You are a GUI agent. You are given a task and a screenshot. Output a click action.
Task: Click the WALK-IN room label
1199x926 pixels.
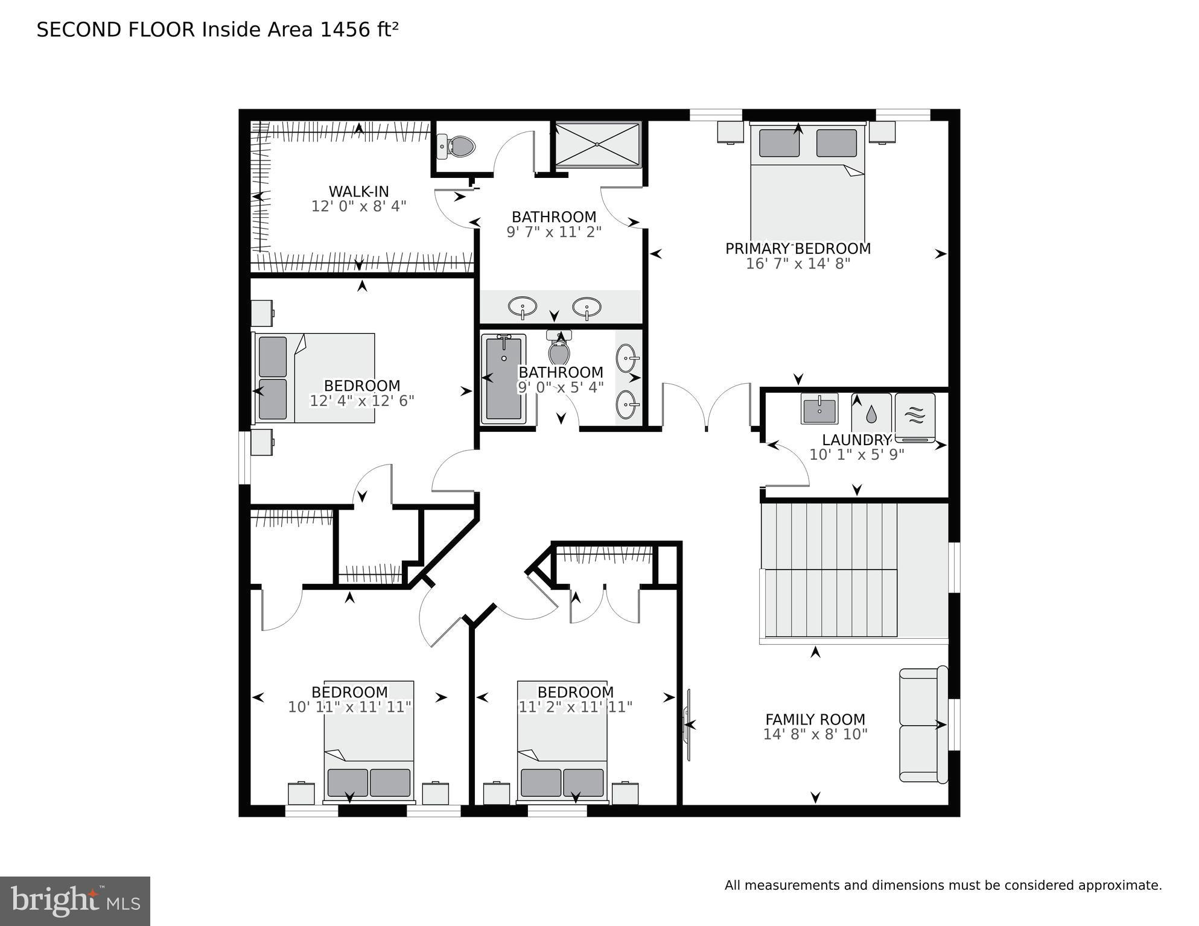tap(358, 191)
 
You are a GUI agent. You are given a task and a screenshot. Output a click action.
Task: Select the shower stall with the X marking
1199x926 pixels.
tap(597, 144)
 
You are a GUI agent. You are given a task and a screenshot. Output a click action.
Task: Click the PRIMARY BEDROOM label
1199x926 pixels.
tap(798, 249)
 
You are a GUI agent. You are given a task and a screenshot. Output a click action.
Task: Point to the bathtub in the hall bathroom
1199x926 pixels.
tap(504, 378)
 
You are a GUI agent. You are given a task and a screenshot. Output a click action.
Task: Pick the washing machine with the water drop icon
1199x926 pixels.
tap(871, 413)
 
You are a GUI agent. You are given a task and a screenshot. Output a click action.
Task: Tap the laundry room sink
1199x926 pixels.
tap(819, 409)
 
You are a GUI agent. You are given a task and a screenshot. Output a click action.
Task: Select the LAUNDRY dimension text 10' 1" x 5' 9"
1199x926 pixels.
tap(856, 455)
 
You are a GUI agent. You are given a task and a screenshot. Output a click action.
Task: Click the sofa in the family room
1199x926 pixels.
tap(922, 725)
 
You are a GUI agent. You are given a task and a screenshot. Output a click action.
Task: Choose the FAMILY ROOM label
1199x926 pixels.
tap(815, 719)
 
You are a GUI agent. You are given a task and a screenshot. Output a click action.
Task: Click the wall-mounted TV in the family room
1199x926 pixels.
tap(687, 725)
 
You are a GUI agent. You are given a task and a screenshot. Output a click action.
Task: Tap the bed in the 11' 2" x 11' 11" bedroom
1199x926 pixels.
tap(562, 742)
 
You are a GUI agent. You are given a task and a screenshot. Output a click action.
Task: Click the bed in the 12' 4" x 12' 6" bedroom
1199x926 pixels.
tap(314, 378)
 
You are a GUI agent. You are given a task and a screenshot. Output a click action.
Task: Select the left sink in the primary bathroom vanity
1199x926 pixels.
tap(523, 306)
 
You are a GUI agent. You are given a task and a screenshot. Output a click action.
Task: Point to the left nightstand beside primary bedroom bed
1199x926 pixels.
tap(730, 132)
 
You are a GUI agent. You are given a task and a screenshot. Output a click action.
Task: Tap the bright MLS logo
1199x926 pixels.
tap(75, 901)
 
